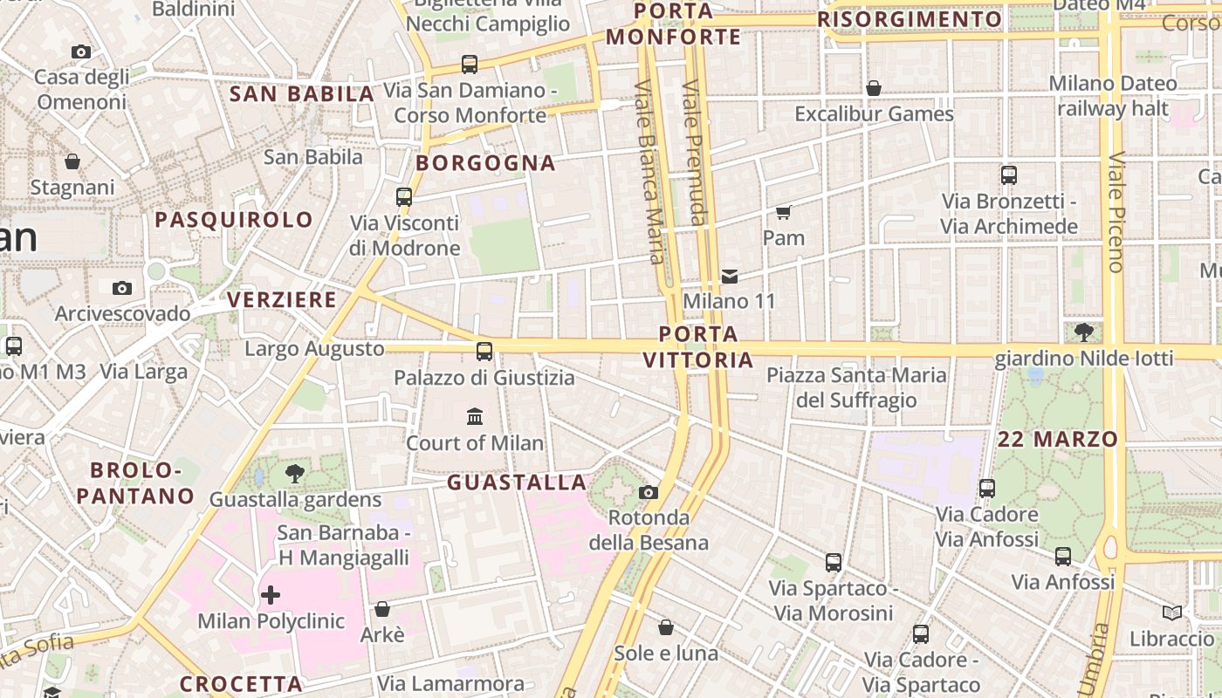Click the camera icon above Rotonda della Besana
tap(648, 492)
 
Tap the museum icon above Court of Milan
tap(475, 416)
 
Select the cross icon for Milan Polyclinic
tap(271, 595)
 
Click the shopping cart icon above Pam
tap(783, 212)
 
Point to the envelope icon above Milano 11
tap(730, 277)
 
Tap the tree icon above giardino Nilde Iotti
tap(1084, 332)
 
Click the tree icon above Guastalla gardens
tap(295, 474)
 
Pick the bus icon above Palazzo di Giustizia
tap(484, 352)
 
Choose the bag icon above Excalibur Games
tap(874, 88)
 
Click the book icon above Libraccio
tap(1171, 612)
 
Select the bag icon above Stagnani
tap(72, 161)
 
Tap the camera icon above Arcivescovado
tap(122, 288)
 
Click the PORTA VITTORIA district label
tap(698, 347)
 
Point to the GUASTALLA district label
tap(517, 482)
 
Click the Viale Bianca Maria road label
tap(650, 171)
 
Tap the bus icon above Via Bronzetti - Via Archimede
tap(1009, 175)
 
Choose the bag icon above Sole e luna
tap(666, 627)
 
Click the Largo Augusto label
tap(314, 349)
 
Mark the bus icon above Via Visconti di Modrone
tap(404, 197)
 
